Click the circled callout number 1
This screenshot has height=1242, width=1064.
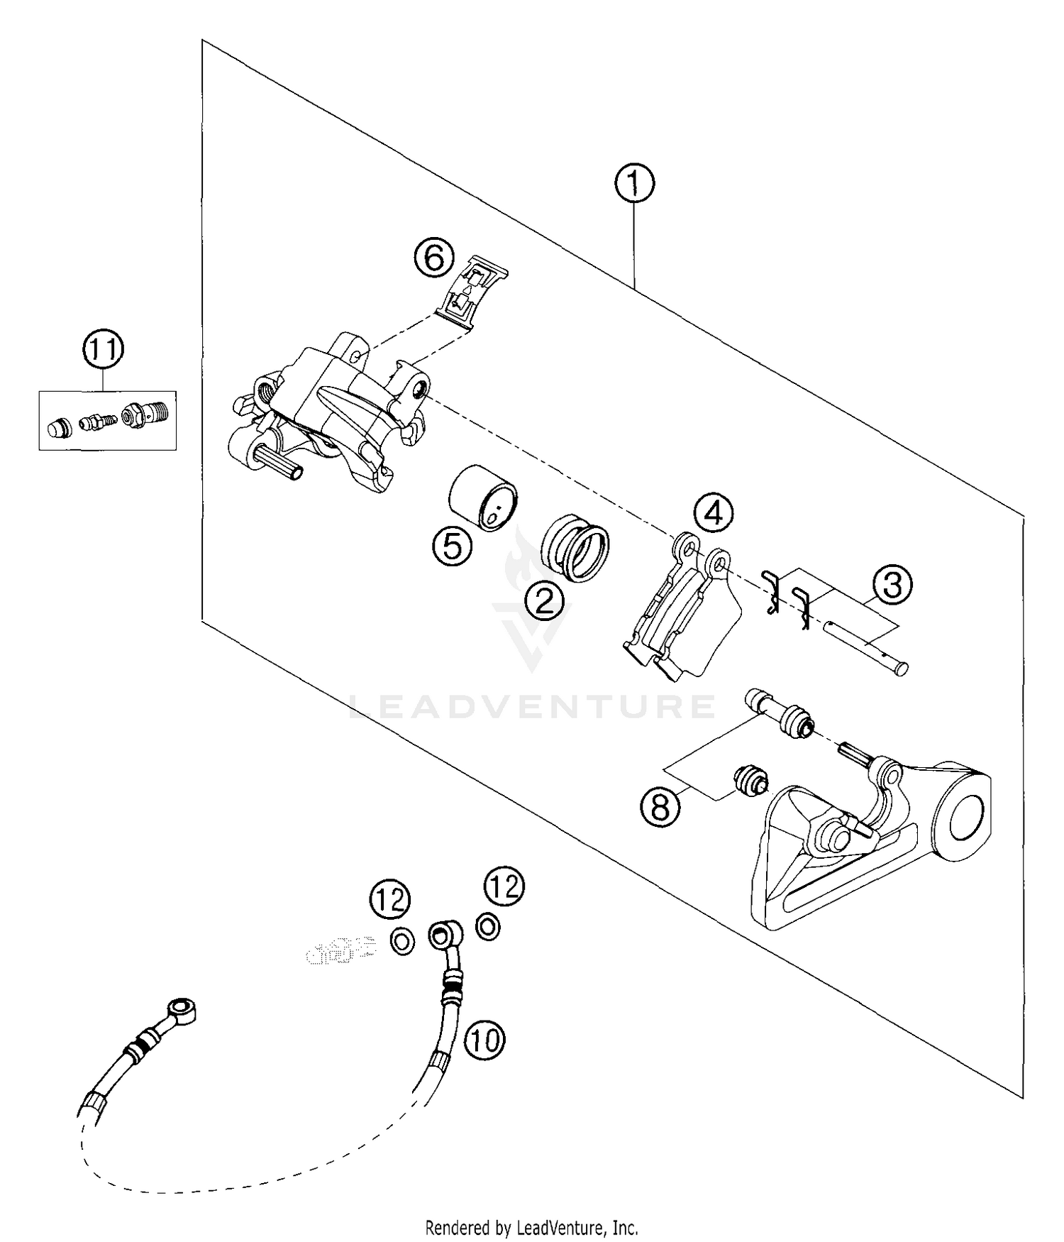click(634, 184)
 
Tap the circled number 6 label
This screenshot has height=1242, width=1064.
click(433, 258)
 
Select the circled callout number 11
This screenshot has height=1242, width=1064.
click(104, 349)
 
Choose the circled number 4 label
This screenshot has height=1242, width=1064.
click(714, 511)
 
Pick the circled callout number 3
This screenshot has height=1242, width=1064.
click(892, 585)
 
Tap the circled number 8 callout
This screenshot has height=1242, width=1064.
click(660, 807)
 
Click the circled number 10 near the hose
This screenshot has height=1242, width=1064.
click(484, 1040)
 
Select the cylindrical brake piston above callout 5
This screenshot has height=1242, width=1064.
click(484, 497)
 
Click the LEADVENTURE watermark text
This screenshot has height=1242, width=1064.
click(532, 707)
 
